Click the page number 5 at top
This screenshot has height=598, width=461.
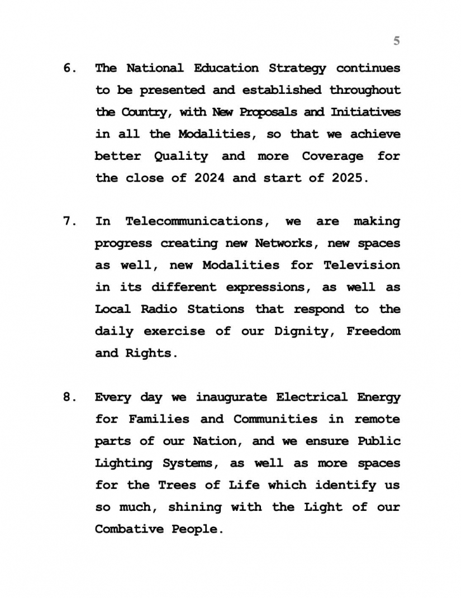397,41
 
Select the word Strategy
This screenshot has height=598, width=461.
297,69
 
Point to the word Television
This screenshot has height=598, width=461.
362,265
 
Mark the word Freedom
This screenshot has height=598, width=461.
373,331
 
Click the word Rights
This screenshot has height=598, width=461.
149,353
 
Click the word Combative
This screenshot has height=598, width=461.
128,529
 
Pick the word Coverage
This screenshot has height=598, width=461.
332,156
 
